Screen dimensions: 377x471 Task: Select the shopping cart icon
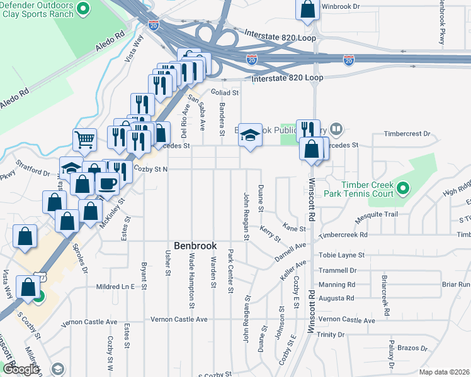pyautogui.click(x=84, y=139)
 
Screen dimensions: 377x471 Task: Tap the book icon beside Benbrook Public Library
pyautogui.click(x=336, y=130)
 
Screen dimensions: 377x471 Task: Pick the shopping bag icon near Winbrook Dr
pyautogui.click(x=306, y=9)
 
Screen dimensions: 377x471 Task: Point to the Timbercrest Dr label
pyautogui.click(x=408, y=134)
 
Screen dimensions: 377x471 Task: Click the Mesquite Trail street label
pyautogui.click(x=378, y=214)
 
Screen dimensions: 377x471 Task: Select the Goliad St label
pyautogui.click(x=225, y=92)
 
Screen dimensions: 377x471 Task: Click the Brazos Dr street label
pyautogui.click(x=412, y=348)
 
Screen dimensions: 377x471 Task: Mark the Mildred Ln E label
pyautogui.click(x=115, y=287)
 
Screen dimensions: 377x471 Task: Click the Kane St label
pyautogui.click(x=294, y=228)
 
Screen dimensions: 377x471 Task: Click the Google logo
pyautogui.click(x=20, y=369)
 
